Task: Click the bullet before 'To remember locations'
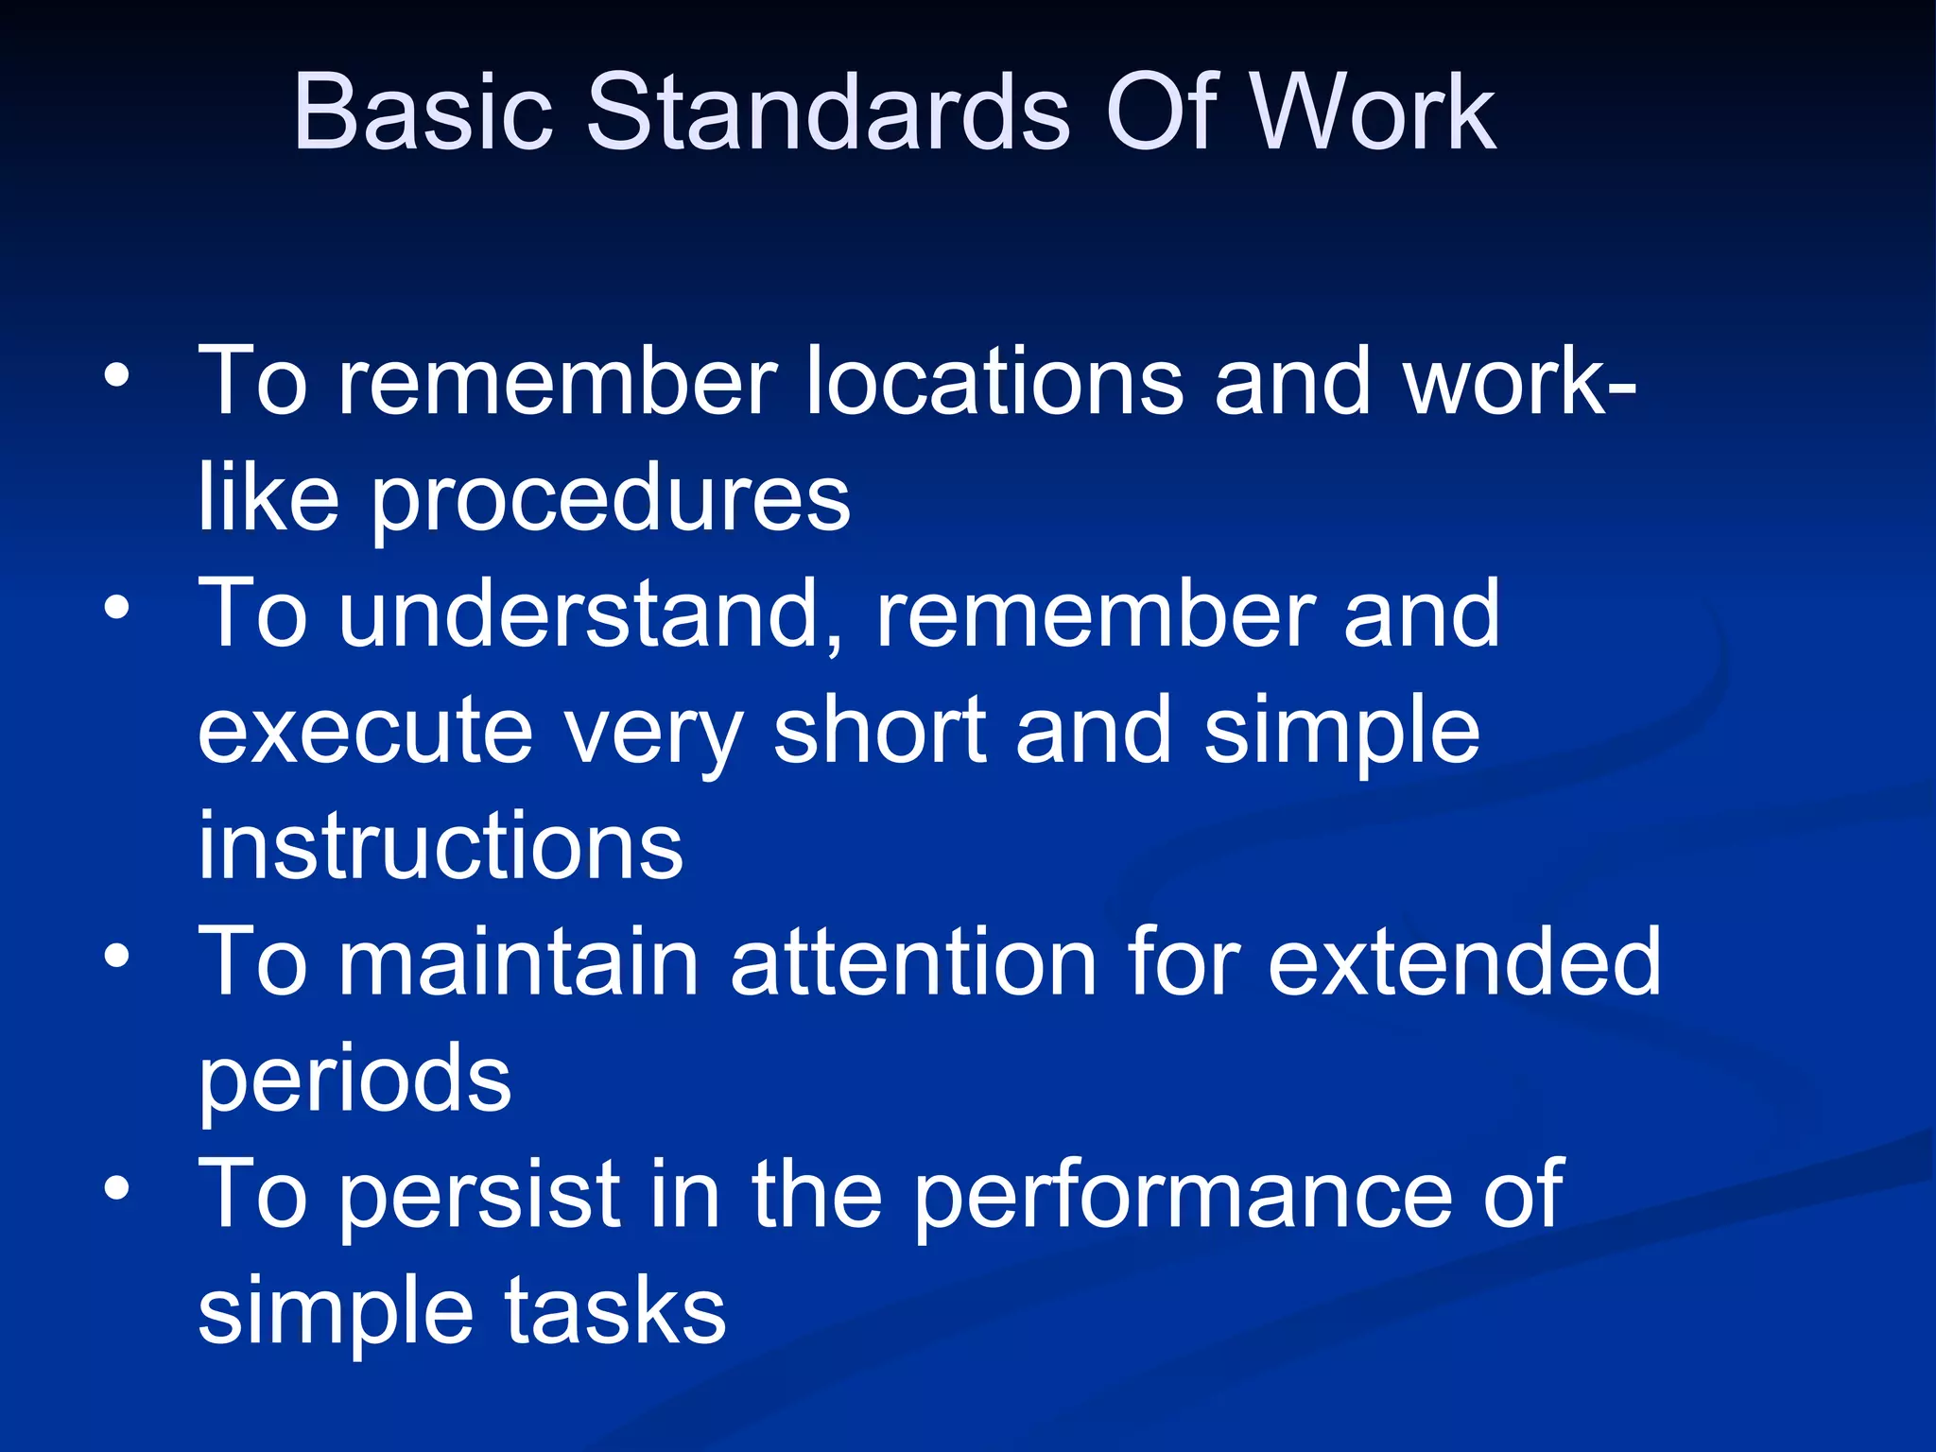click(x=116, y=376)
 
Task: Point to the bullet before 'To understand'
click(x=116, y=609)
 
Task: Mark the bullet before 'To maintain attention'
click(x=116, y=957)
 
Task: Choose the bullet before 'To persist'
click(x=116, y=1188)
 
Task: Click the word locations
click(x=994, y=381)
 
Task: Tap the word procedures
click(x=610, y=501)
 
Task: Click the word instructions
click(x=441, y=845)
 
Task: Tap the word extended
click(x=1463, y=962)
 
